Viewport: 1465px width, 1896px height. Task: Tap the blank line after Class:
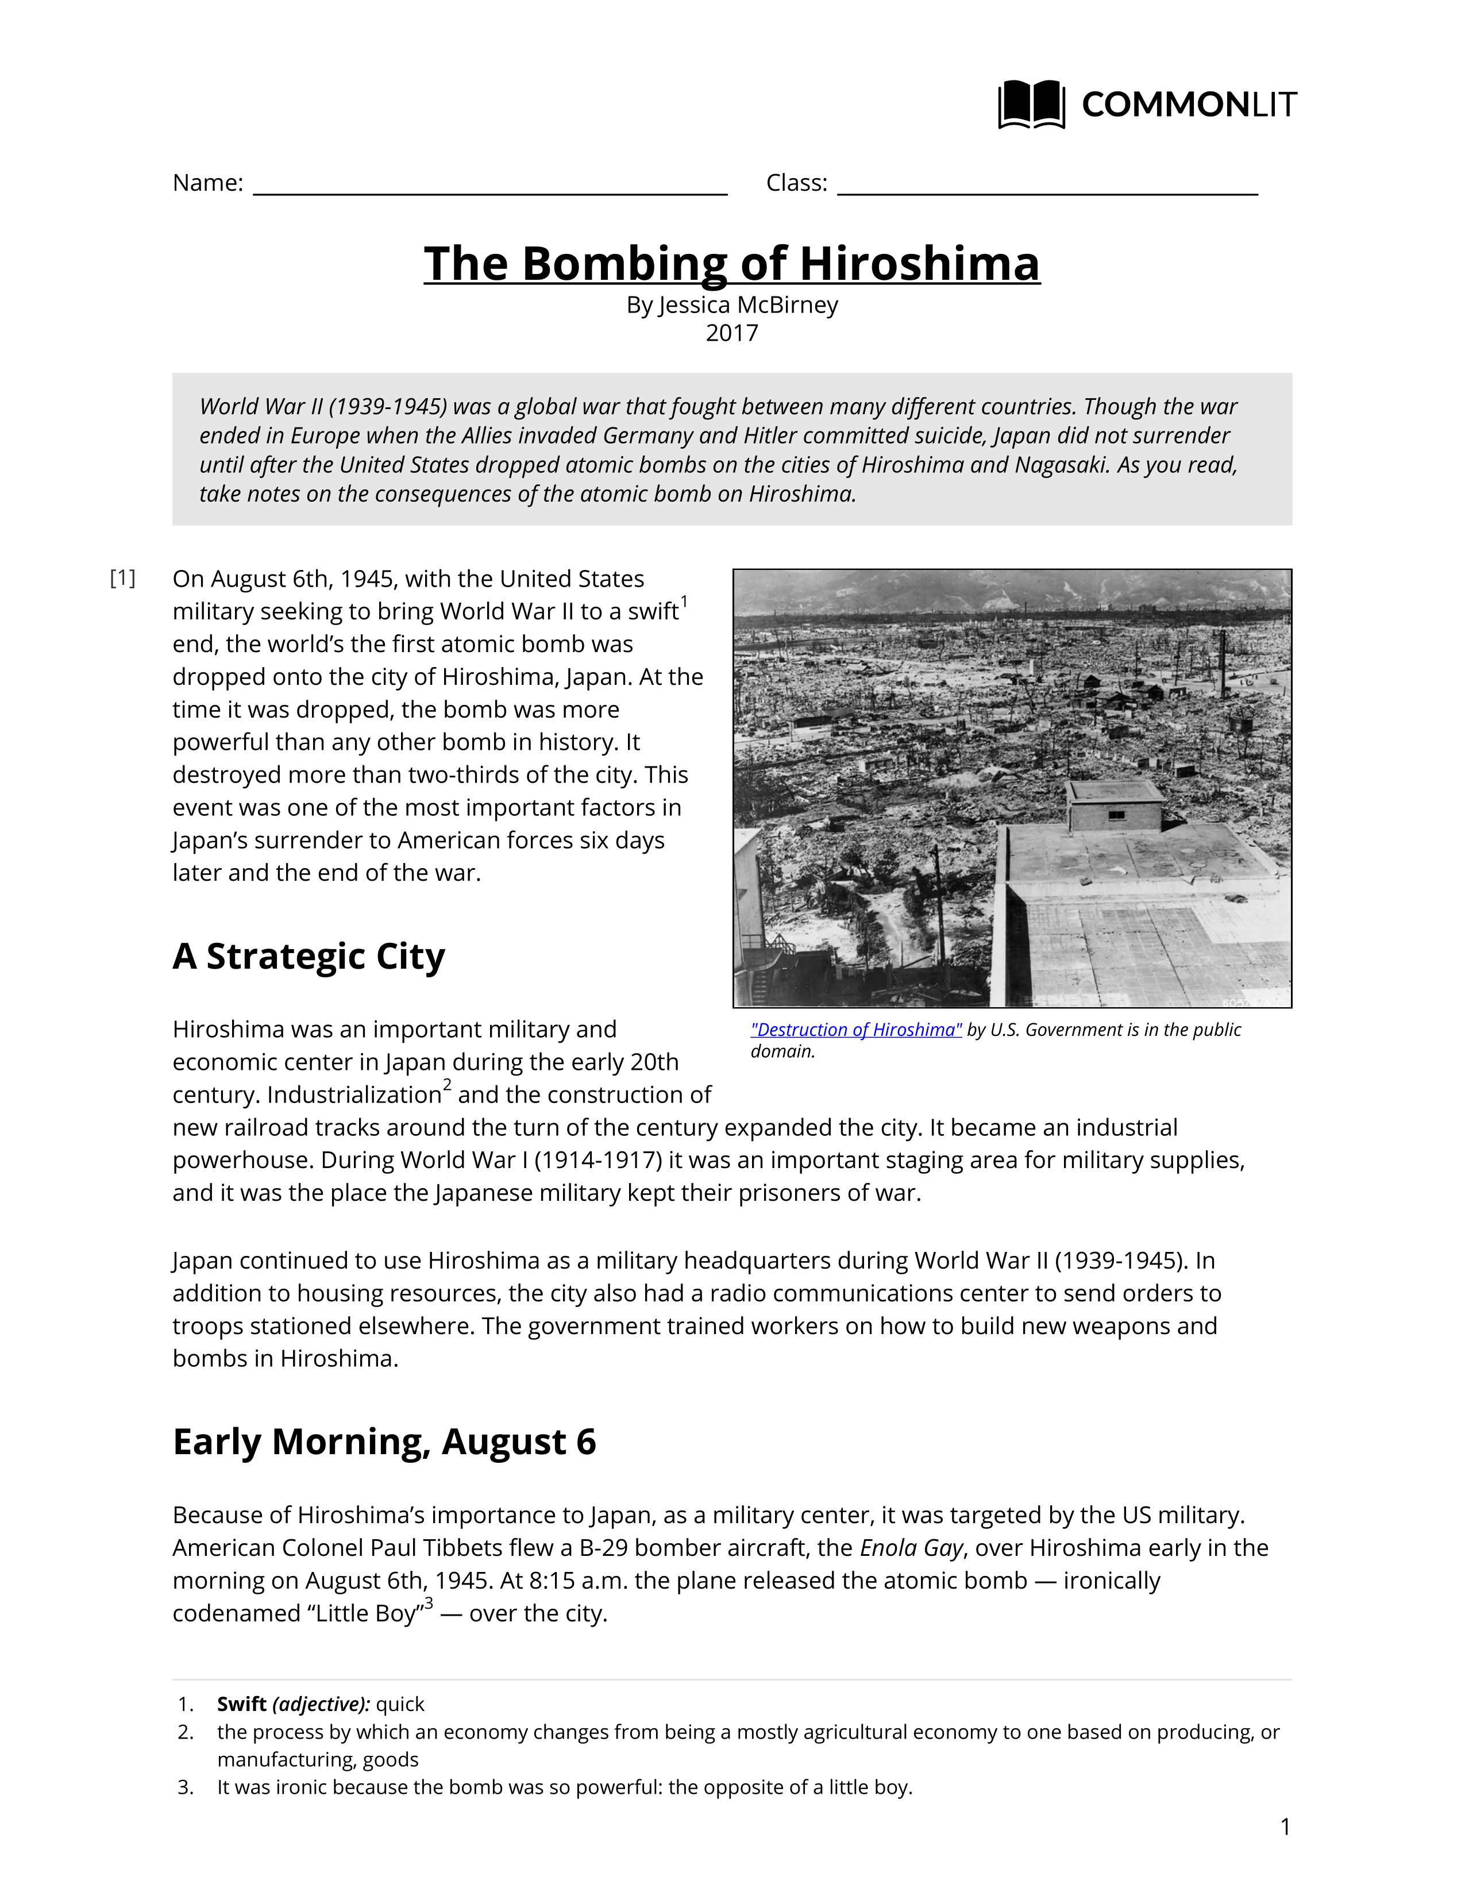(x=1047, y=185)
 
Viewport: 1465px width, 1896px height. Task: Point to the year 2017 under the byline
(x=731, y=333)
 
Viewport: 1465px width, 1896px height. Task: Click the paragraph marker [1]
(x=122, y=578)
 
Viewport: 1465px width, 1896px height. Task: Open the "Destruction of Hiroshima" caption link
(x=856, y=1030)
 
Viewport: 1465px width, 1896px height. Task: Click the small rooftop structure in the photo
(x=1115, y=805)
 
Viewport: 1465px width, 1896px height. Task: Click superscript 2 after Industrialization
(x=447, y=1084)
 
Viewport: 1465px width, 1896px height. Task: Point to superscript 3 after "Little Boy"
(x=428, y=1602)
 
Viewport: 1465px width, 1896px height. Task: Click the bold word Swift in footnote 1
(x=241, y=1704)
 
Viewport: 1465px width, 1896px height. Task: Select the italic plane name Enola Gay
(x=911, y=1548)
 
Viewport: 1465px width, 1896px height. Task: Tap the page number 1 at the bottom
(x=1285, y=1828)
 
